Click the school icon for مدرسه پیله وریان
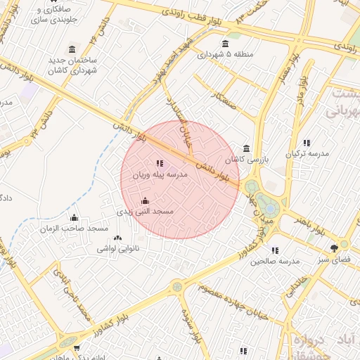pyautogui.click(x=159, y=163)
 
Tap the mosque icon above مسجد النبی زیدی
pyautogui.click(x=146, y=201)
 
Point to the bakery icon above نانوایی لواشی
pyautogui.click(x=117, y=239)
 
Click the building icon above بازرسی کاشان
pyautogui.click(x=245, y=149)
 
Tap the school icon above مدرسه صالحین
pyautogui.click(x=274, y=250)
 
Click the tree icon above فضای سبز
pyautogui.click(x=334, y=247)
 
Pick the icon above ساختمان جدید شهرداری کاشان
pyautogui.click(x=72, y=49)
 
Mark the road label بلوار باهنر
pyautogui.click(x=310, y=224)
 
